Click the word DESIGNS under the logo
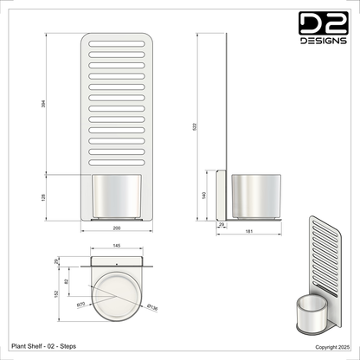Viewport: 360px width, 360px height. coord(324,39)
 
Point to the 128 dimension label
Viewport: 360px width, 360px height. coord(42,196)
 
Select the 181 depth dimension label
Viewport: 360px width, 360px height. coord(249,232)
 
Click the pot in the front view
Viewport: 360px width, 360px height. coord(117,196)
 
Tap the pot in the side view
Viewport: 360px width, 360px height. coord(255,196)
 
